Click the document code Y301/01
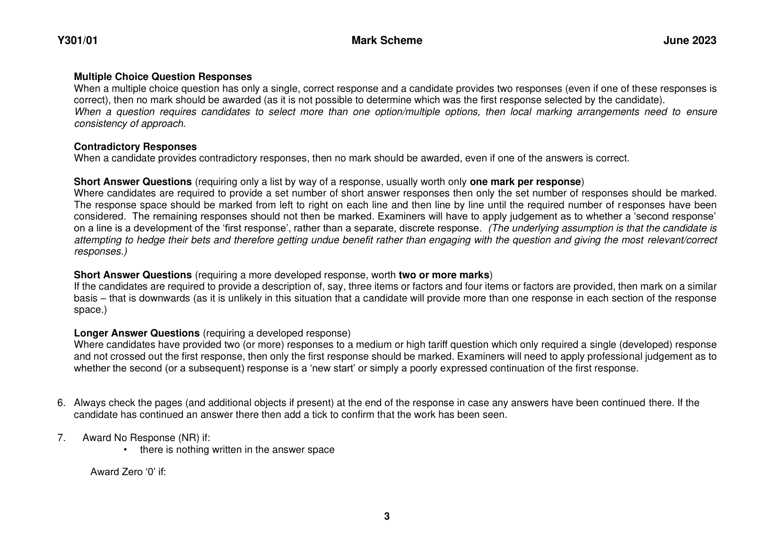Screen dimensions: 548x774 (x=78, y=41)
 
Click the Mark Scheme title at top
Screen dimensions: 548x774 (x=387, y=41)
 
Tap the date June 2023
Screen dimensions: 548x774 (x=689, y=41)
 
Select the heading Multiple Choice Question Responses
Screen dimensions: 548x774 (x=163, y=77)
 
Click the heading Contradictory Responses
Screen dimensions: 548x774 (x=135, y=147)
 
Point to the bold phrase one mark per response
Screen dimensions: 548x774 (x=525, y=182)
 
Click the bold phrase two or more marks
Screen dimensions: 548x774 (x=444, y=275)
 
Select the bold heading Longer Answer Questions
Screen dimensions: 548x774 (x=137, y=333)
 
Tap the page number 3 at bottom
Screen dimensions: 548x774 (x=387, y=516)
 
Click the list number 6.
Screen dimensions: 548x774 (x=61, y=403)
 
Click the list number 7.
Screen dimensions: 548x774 (x=61, y=438)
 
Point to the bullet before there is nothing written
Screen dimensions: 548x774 (x=125, y=450)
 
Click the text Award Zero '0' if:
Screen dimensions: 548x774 (x=128, y=472)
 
